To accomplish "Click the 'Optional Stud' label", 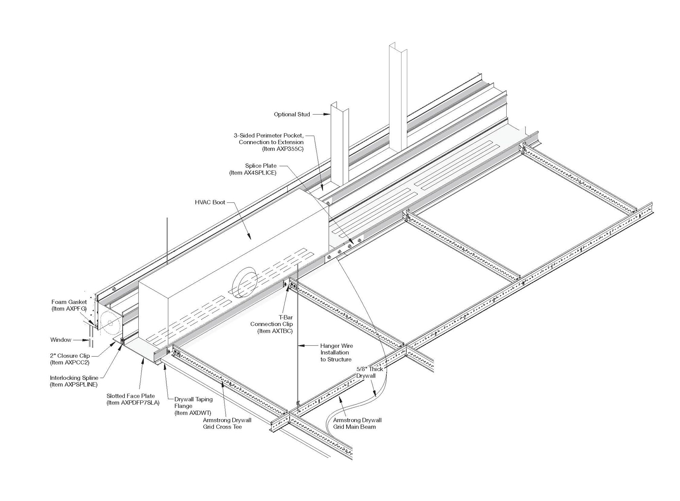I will click(292, 115).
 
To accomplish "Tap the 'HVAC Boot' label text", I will click(210, 202).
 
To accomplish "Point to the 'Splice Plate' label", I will click(261, 166).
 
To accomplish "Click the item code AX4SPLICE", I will click(253, 173).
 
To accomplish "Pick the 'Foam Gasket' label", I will click(69, 302).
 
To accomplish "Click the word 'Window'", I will click(61, 340).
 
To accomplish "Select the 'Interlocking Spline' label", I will click(74, 378).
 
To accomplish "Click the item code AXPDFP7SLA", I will click(133, 403).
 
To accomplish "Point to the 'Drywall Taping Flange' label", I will click(193, 403).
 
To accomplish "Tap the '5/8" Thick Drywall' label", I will click(369, 372).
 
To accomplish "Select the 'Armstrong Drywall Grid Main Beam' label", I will click(357, 423).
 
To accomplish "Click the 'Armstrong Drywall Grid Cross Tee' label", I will click(227, 423).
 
